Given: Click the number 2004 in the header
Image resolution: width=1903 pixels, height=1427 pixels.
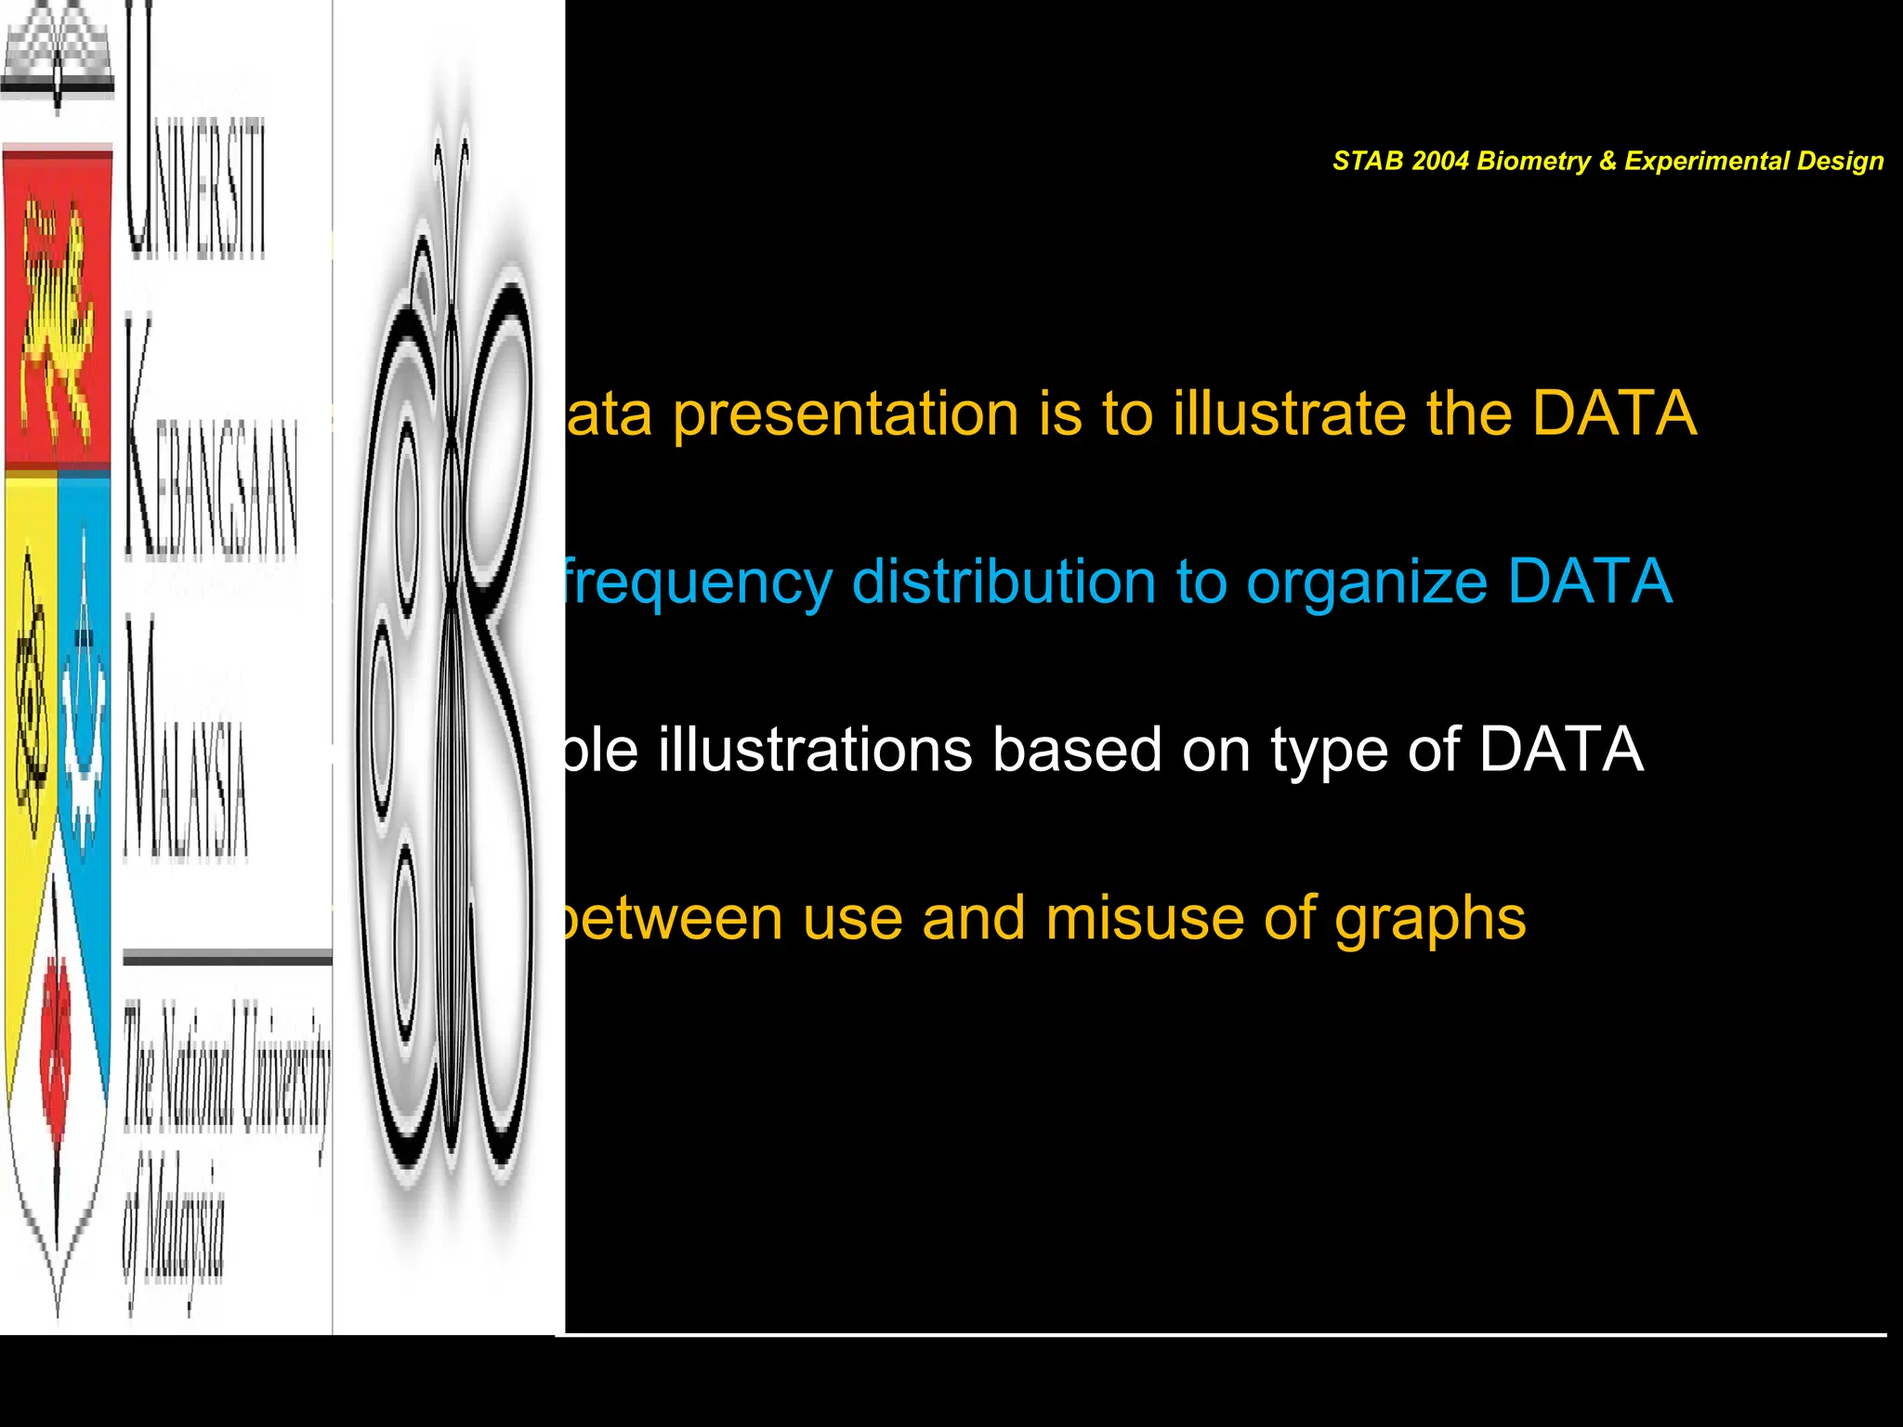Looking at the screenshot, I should pos(1438,162).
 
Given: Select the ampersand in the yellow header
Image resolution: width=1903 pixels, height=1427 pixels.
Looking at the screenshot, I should pos(1608,162).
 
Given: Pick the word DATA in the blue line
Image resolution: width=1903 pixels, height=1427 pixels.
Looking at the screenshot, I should pos(1589,582).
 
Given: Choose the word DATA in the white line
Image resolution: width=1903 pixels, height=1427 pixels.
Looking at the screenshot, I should pos(1561,750).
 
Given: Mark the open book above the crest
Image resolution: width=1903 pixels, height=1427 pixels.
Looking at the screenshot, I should pos(58,56).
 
